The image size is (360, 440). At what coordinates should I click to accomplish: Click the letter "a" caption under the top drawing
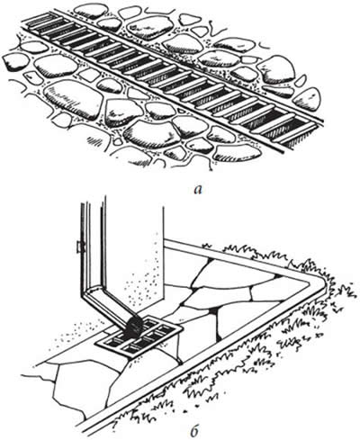(198, 190)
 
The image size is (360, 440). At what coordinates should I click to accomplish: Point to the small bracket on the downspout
(79, 247)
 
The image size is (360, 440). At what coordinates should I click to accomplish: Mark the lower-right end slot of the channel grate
(300, 136)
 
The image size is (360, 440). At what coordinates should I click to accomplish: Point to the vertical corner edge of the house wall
(163, 254)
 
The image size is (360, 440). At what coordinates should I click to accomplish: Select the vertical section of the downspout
(93, 240)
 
